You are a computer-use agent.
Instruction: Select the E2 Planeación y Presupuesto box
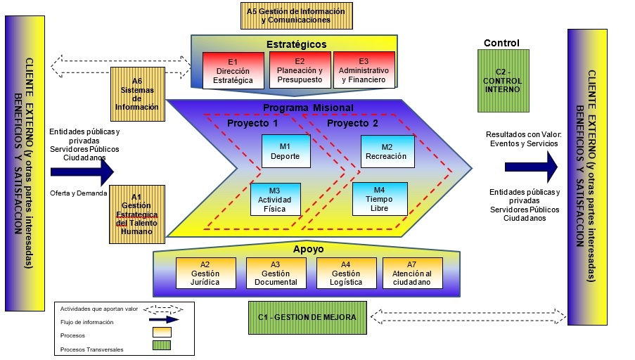[x=300, y=71]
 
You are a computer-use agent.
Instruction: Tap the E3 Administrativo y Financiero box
[x=363, y=71]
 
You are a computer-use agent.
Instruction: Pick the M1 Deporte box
[x=286, y=152]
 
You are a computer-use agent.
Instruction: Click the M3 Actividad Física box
[x=275, y=199]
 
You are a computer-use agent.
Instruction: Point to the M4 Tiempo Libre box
[x=379, y=199]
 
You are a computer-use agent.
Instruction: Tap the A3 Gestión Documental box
[x=271, y=274]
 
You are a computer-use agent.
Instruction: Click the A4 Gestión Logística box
[x=341, y=274]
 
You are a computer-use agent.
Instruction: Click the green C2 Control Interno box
[x=502, y=80]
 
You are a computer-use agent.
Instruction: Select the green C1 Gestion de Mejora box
[x=307, y=317]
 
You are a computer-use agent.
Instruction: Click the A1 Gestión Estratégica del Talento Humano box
[x=136, y=214]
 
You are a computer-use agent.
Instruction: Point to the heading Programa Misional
[x=307, y=108]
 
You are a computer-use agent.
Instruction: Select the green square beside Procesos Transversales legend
[x=161, y=345]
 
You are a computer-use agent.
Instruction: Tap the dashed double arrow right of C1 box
[x=468, y=316]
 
